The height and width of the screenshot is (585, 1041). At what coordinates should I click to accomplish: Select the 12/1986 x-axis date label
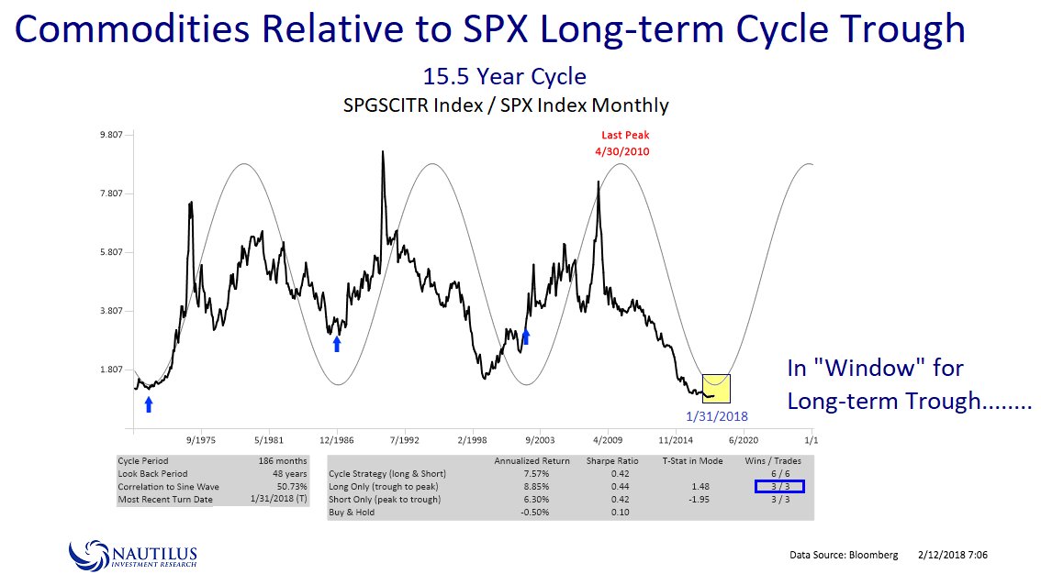(337, 439)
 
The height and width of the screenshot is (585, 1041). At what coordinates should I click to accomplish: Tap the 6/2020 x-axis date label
(744, 439)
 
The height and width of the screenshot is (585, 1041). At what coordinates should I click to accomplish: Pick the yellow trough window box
(716, 388)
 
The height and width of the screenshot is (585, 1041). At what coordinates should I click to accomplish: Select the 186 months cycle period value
(284, 460)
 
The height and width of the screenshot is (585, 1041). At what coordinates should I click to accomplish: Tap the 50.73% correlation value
(288, 486)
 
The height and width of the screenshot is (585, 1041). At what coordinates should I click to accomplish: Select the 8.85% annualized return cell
(532, 486)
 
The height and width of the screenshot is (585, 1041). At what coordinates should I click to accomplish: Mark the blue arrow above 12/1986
(337, 343)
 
